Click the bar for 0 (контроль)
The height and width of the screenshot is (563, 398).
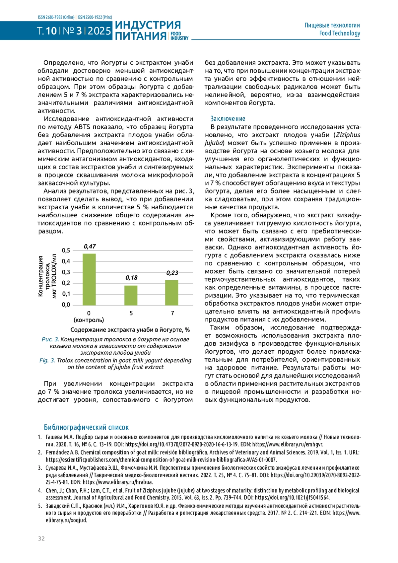coord(89,279)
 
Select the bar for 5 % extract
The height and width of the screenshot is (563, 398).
coord(131,295)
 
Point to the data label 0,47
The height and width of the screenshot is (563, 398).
coord(90,246)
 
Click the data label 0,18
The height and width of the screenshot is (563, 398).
coord(131,278)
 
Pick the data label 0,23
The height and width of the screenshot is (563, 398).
coord(172,273)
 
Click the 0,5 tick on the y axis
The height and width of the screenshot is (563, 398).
coord(66,250)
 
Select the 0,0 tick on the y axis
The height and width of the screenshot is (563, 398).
coord(66,305)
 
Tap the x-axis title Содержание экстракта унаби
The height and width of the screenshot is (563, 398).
coord(130,330)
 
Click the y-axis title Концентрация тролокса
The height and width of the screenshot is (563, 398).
coord(47,276)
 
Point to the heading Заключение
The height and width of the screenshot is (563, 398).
coord(228,119)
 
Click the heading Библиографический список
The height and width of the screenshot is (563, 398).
coord(86,427)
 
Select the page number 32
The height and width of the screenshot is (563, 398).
coord(41,538)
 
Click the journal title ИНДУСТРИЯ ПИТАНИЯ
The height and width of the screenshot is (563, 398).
coord(148,31)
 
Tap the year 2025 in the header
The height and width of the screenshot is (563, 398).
coord(99,31)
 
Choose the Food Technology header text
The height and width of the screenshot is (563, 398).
coord(339,33)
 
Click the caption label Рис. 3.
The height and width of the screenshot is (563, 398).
coord(50,339)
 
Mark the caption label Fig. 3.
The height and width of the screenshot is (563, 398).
coord(47,360)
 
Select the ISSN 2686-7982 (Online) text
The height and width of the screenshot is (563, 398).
coord(56,17)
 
